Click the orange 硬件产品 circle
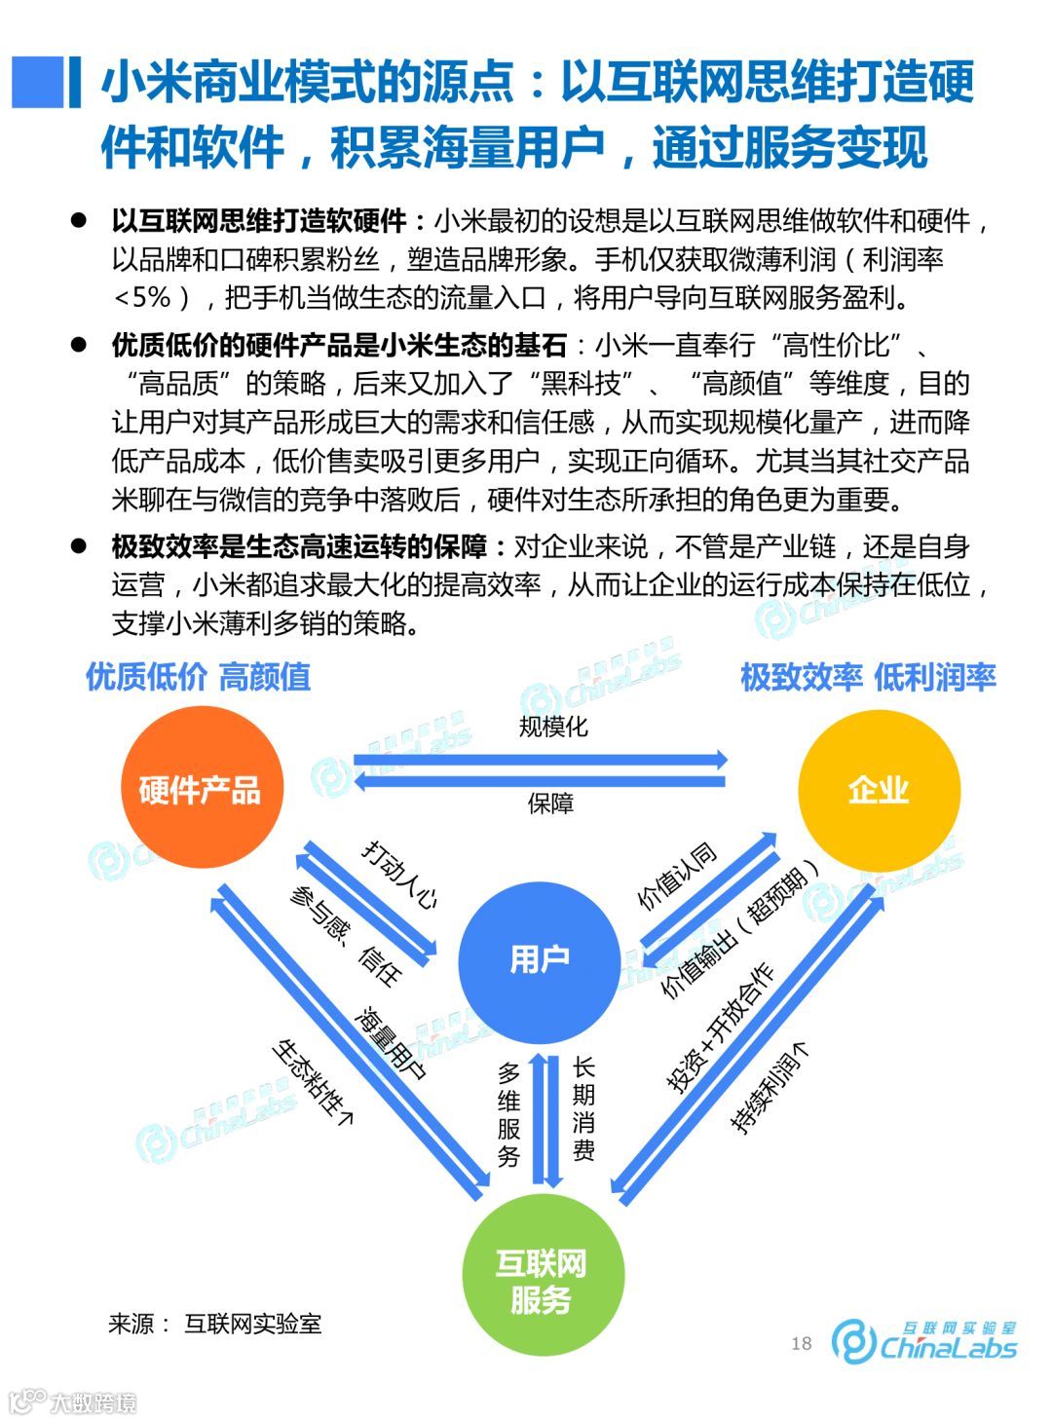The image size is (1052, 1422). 200,788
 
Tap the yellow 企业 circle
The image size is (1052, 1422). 879,789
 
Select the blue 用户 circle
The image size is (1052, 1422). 539,959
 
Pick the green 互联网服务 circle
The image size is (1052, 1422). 542,1281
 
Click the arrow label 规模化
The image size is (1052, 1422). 552,727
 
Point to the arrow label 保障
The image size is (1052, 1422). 550,804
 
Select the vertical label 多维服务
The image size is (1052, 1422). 508,1114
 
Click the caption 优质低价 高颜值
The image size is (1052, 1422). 198,677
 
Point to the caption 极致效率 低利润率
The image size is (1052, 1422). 868,677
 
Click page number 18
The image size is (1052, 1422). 801,1344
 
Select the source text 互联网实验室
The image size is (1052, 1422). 252,1324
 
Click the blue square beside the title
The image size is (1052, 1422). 38,82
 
